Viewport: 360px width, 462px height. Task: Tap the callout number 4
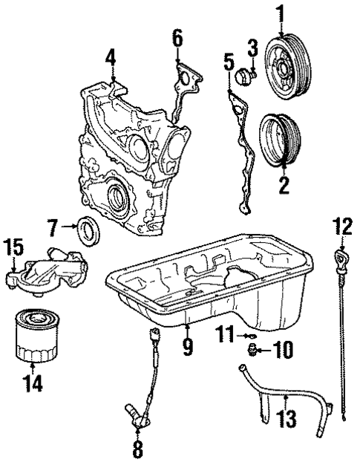[110, 56]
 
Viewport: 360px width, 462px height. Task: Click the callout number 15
[13, 246]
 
